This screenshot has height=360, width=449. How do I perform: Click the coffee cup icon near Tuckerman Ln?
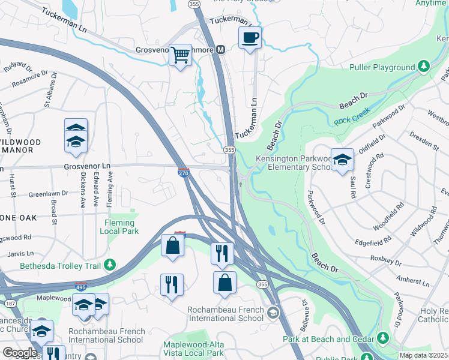click(250, 37)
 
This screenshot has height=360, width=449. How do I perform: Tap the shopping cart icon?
click(179, 55)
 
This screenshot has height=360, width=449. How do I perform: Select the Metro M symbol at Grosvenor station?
click(220, 50)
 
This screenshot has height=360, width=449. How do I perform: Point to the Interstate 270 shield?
click(184, 173)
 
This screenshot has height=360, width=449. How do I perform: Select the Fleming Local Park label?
click(118, 227)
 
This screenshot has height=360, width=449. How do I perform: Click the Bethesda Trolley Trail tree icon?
click(109, 265)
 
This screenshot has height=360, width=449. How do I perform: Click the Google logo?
click(20, 353)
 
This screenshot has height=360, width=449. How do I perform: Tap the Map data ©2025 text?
click(423, 355)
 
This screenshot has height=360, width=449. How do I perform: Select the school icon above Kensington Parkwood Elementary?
click(342, 159)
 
